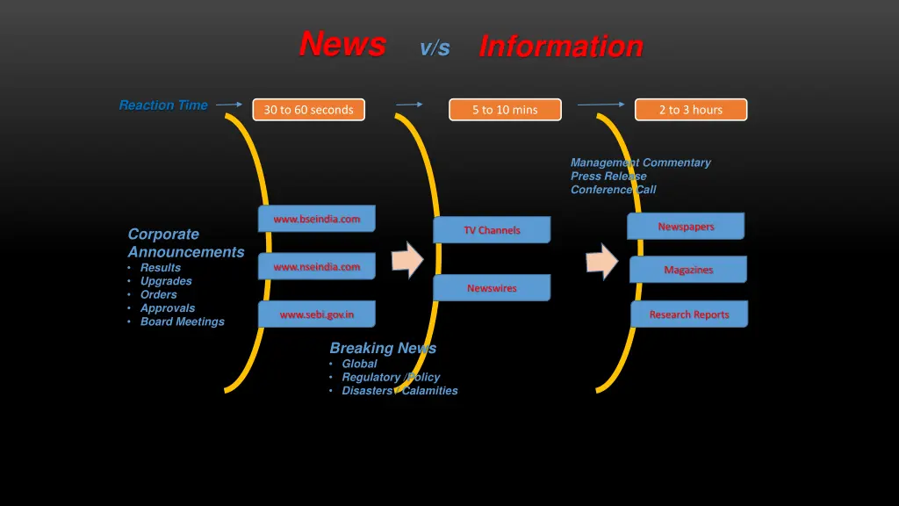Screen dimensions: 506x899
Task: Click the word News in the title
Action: (x=342, y=43)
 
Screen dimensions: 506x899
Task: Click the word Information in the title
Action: (x=561, y=46)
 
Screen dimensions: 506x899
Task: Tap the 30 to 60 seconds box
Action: (x=308, y=110)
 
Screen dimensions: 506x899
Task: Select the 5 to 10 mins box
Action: (x=505, y=110)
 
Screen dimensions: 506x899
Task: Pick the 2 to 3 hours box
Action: (x=691, y=110)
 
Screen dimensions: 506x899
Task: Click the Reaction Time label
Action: (x=163, y=105)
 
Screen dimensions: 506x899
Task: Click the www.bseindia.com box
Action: (x=316, y=219)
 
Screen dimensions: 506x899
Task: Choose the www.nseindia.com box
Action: (x=316, y=267)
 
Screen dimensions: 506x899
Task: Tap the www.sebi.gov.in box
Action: (x=316, y=314)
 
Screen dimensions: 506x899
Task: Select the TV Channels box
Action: (x=492, y=230)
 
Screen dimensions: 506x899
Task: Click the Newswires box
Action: (x=492, y=288)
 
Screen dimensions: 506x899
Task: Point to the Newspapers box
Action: (x=686, y=227)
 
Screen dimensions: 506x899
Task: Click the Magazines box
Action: (x=688, y=270)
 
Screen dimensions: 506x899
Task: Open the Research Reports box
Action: (x=689, y=314)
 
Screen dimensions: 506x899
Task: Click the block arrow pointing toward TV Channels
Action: (x=407, y=260)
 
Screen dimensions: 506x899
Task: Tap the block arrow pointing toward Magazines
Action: (x=602, y=261)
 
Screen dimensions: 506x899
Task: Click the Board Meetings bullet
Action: (x=182, y=322)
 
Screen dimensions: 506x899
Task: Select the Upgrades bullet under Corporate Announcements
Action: (x=166, y=281)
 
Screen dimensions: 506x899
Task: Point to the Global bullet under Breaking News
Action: (x=359, y=364)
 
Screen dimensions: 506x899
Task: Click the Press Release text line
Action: (x=608, y=176)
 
